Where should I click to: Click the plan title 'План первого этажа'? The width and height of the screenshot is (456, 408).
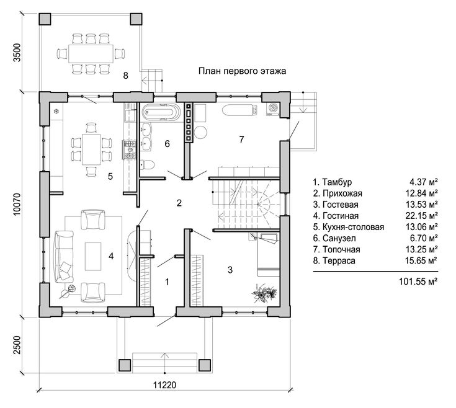tap(242, 71)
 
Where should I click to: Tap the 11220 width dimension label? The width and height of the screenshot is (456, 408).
tap(164, 385)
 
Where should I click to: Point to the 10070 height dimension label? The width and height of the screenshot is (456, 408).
tap(17, 204)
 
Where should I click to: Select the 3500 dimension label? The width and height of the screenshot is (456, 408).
tap(17, 52)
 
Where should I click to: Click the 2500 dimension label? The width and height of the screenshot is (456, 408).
tap(17, 345)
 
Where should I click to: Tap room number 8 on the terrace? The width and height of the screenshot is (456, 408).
tap(125, 76)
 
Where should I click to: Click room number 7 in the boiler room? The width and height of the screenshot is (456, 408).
tap(241, 140)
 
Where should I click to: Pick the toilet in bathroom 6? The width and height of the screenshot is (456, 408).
tap(147, 165)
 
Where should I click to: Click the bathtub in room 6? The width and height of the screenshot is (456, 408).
tap(159, 112)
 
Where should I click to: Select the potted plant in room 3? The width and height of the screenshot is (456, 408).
tap(264, 293)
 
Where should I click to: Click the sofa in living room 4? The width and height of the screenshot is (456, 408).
tap(64, 257)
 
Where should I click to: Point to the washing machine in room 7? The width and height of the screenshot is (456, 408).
tap(273, 109)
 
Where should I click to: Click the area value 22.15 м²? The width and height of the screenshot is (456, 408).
tap(421, 216)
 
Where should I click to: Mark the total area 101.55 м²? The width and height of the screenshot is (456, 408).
tap(418, 282)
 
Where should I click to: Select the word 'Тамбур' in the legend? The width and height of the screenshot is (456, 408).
tap(337, 182)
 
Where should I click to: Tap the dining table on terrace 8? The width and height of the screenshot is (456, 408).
tap(91, 54)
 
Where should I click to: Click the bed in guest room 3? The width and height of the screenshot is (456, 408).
tap(267, 255)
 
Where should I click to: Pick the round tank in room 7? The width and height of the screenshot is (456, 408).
tap(200, 132)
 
